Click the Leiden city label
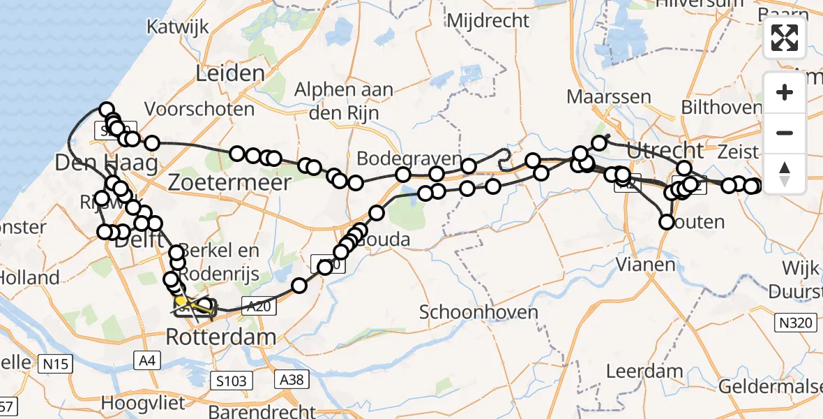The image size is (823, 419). point(230,73)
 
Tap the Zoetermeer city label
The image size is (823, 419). point(231,184)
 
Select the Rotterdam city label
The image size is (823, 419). point(220,339)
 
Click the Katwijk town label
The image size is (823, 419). point(174,27)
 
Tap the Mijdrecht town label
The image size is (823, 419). point(488,21)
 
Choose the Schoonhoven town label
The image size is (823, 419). point(479,311)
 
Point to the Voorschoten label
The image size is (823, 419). point(199,110)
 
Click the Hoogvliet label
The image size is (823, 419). point(143,403)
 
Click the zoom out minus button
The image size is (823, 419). point(785,133)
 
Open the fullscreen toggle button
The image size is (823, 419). point(785,38)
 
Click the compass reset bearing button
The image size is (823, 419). point(785,171)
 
